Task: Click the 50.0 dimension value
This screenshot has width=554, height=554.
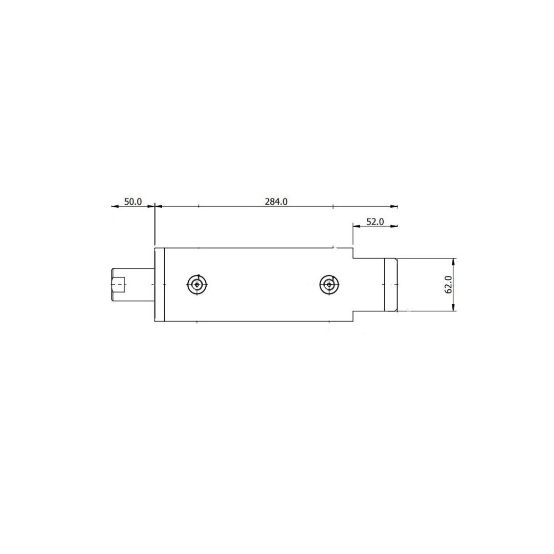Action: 133,202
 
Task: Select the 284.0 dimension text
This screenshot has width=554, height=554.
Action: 276,202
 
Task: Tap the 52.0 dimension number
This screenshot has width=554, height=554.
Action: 375,222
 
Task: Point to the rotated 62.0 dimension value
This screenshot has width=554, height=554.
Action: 448,284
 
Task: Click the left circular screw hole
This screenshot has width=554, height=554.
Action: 197,284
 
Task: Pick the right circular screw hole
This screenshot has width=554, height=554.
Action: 329,284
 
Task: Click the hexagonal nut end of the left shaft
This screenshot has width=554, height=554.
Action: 118,284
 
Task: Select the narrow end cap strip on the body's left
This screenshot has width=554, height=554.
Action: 160,284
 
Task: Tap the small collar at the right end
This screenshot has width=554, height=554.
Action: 391,285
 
